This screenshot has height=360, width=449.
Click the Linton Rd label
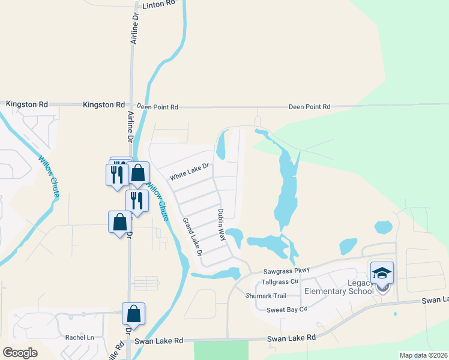[x=159, y=4]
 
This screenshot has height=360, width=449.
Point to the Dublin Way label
[x=221, y=224]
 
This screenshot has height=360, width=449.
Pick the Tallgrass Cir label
[x=280, y=281]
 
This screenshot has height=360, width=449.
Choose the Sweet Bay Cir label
[x=287, y=309]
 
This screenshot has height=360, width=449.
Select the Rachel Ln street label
[x=80, y=337]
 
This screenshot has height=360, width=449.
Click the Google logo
[x=20, y=353]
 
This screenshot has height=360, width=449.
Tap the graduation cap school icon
[x=382, y=274]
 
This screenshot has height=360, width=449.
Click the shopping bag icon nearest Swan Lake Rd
[x=133, y=314]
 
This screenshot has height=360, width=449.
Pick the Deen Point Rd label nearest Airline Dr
[x=157, y=107]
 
